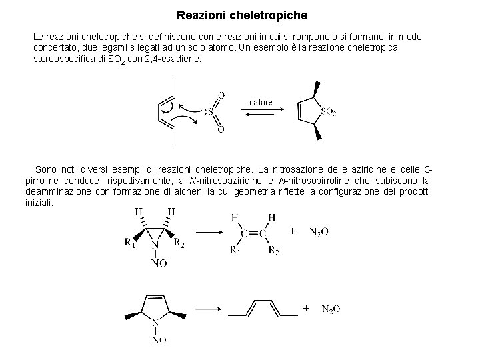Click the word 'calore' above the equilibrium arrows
point(261,102)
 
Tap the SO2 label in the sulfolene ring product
point(327,112)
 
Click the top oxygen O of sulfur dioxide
point(221,95)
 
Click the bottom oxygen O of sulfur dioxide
point(221,129)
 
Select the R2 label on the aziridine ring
point(179,243)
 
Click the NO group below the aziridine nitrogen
point(159,263)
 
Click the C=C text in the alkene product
point(254,233)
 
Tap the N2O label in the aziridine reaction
point(319,232)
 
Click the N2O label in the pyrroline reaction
point(331,309)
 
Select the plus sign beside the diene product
point(305,308)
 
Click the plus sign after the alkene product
point(292,231)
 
